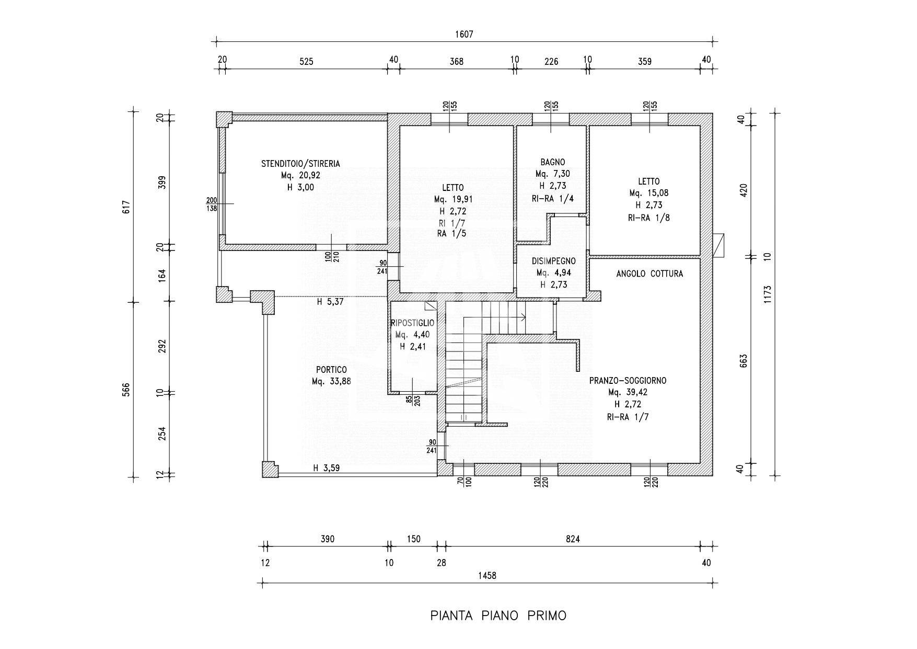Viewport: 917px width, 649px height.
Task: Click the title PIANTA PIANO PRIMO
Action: point(498,616)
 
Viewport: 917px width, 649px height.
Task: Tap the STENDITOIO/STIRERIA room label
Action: point(300,164)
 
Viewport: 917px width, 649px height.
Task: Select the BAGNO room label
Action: point(553,162)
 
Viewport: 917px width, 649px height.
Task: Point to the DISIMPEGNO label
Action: point(554,261)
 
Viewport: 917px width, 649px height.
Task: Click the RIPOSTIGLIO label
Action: point(412,323)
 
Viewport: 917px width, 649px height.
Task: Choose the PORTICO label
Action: point(331,370)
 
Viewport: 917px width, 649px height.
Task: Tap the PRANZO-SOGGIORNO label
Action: point(628,381)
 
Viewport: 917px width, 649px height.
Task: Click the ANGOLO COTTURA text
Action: point(649,274)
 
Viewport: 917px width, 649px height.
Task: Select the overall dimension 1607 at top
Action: point(464,35)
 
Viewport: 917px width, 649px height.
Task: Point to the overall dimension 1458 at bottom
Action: point(487,575)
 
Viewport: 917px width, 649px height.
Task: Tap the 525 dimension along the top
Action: point(306,61)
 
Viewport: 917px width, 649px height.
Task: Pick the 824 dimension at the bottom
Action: point(573,539)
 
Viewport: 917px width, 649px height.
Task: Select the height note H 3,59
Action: point(327,468)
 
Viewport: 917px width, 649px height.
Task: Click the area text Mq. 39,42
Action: point(628,392)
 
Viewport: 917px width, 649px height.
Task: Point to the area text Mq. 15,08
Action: point(648,193)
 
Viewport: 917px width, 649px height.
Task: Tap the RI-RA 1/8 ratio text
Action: point(648,217)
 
